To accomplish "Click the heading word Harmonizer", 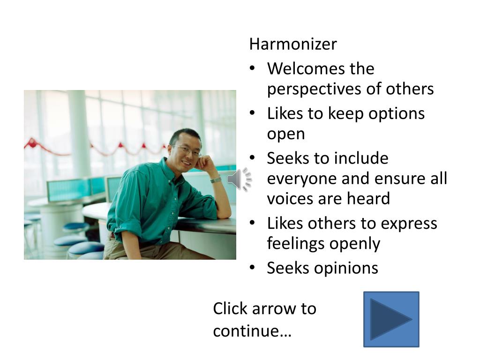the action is [293, 44].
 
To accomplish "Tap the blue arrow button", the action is [391, 319].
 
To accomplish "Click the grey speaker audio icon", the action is [240, 179].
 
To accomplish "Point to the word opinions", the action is [346, 269].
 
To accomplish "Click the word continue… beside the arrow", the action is [252, 331].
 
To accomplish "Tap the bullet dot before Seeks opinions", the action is [252, 268].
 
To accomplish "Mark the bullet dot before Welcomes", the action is [252, 68].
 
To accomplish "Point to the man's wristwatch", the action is [216, 180].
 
